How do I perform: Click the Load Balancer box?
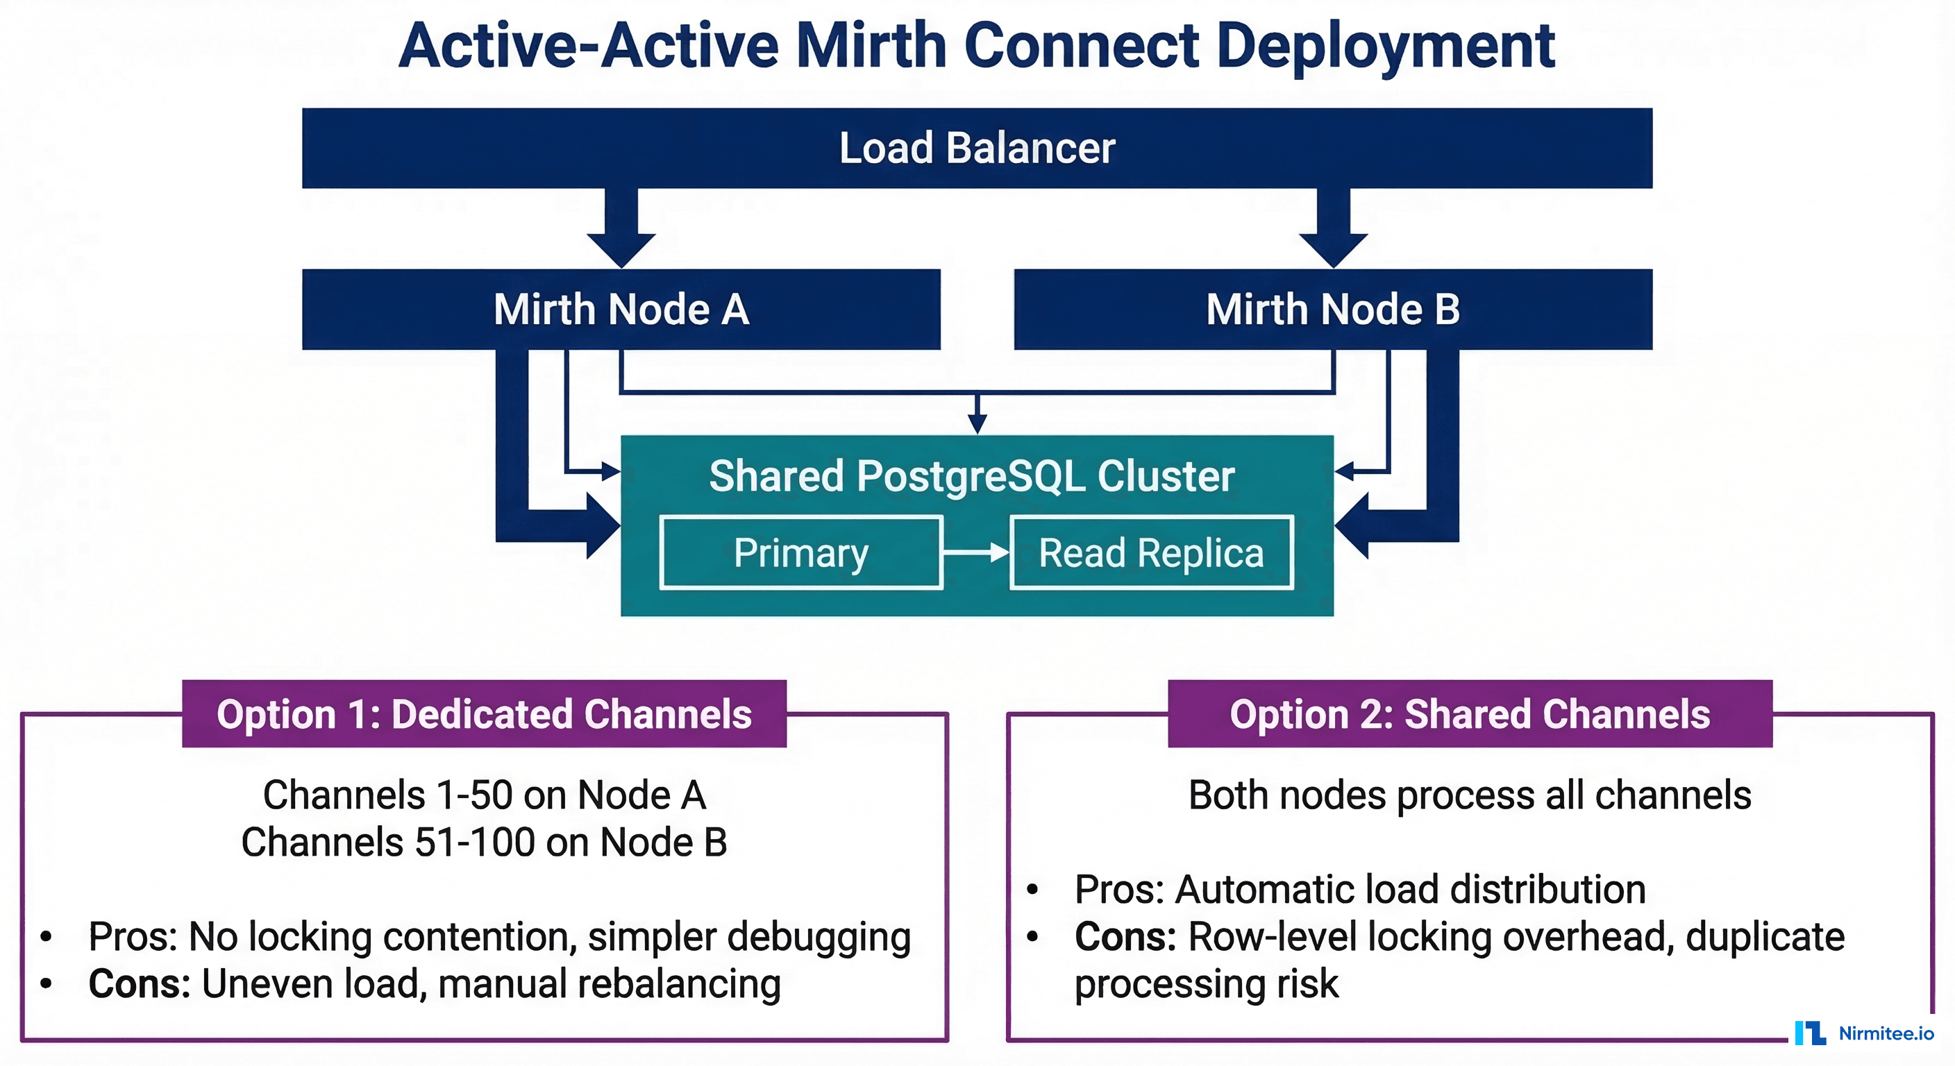click(977, 148)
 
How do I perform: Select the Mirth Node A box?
click(621, 310)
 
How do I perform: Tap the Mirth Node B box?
click(1333, 310)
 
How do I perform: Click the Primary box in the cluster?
click(800, 552)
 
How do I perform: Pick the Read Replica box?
click(1151, 552)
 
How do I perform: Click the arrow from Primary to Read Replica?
click(977, 552)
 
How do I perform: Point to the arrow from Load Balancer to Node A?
click(621, 228)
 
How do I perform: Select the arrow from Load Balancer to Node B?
click(1333, 228)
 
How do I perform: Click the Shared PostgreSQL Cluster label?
click(971, 477)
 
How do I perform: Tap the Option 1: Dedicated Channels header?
click(484, 714)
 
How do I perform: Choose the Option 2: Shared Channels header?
click(1469, 714)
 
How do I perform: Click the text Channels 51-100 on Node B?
click(484, 842)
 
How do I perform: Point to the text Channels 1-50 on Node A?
click(484, 795)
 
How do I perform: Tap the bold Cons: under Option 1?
click(139, 983)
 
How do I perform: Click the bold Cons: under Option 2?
click(1125, 936)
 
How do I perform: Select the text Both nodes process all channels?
click(1469, 795)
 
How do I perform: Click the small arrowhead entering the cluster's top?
click(977, 425)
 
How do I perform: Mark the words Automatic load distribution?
click(1410, 889)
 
